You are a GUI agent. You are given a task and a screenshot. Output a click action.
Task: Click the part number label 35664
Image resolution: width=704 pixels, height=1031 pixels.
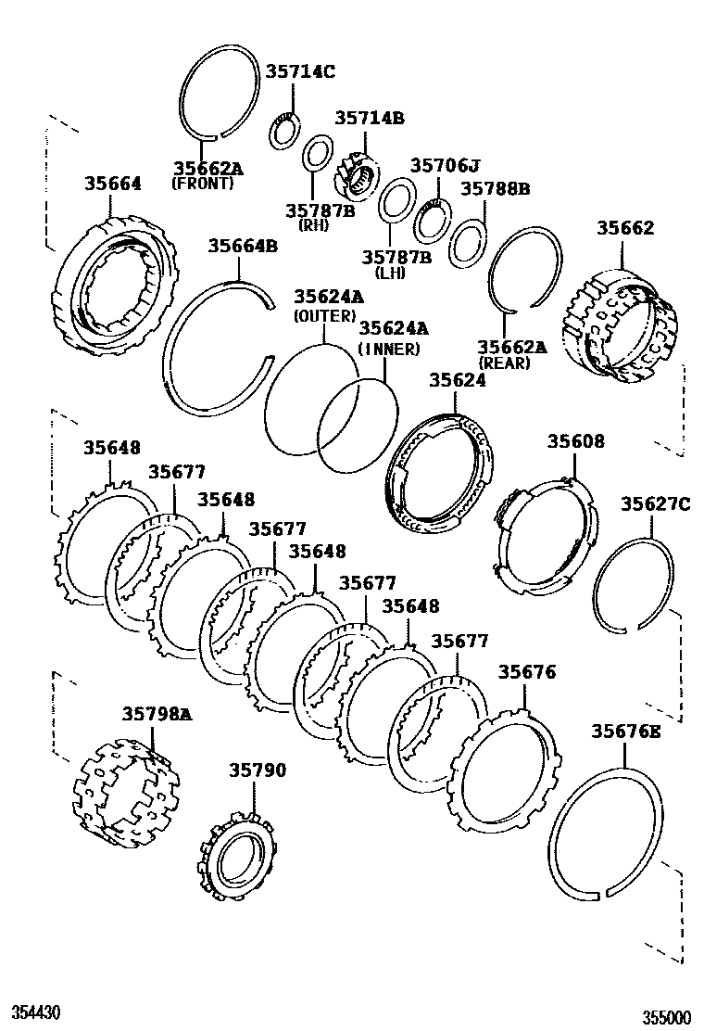tap(114, 184)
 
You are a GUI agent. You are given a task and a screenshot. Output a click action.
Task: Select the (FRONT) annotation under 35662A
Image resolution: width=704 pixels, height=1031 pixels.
tap(203, 184)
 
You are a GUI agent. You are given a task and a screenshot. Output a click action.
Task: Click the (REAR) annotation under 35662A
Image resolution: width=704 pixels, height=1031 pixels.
tap(505, 363)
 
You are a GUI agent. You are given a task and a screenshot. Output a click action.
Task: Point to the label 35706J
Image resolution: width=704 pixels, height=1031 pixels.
tap(446, 166)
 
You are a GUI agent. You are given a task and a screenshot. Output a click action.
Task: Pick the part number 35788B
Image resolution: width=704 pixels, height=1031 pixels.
tap(495, 189)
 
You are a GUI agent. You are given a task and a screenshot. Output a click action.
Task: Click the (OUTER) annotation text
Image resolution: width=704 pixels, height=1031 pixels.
tap(324, 315)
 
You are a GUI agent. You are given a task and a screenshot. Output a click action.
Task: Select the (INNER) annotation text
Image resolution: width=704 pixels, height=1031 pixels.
tap(389, 349)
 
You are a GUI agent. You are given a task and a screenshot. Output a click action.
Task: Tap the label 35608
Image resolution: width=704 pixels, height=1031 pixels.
tap(575, 441)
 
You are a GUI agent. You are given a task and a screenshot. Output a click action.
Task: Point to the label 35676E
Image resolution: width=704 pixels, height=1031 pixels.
tap(626, 732)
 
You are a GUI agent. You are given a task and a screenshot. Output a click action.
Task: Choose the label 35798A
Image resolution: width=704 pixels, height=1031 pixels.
tap(157, 713)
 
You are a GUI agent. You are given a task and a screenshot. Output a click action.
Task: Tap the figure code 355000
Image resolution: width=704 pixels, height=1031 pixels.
tap(668, 1017)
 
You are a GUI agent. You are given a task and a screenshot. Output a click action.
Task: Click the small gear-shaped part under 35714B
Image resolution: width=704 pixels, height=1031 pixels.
tap(356, 175)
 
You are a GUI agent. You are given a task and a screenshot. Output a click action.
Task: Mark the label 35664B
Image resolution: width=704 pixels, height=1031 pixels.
tap(242, 246)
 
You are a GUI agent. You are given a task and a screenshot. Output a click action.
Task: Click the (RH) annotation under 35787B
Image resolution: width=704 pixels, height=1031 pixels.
tap(308, 225)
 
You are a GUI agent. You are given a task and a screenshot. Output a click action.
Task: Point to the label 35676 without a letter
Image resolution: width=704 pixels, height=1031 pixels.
tap(527, 671)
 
